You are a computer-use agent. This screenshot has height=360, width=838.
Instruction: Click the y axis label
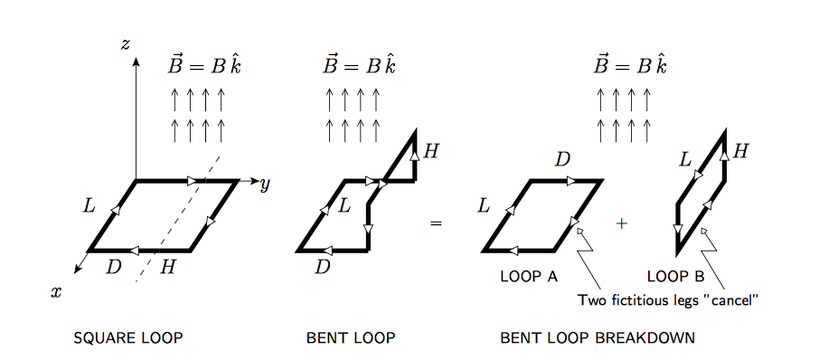tap(265, 185)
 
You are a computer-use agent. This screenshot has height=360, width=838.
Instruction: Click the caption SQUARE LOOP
tap(128, 339)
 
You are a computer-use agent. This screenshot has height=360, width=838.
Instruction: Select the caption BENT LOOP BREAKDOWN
tap(598, 339)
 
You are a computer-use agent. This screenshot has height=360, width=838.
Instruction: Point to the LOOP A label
tap(529, 277)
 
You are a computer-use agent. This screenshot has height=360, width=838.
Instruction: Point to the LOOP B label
tap(676, 277)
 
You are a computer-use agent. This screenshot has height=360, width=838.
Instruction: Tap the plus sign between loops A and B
tap(621, 223)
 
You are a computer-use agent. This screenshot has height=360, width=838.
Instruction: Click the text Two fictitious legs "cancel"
tap(667, 300)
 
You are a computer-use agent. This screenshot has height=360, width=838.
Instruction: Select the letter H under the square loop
tap(167, 266)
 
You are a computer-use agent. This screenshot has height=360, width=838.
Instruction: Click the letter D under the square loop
tap(114, 266)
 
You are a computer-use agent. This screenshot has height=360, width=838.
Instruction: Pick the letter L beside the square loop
tap(89, 205)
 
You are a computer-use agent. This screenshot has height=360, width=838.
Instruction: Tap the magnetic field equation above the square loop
tap(204, 66)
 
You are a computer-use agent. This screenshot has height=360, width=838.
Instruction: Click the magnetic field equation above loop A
tap(630, 66)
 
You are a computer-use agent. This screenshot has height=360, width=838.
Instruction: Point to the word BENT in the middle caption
tap(327, 339)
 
